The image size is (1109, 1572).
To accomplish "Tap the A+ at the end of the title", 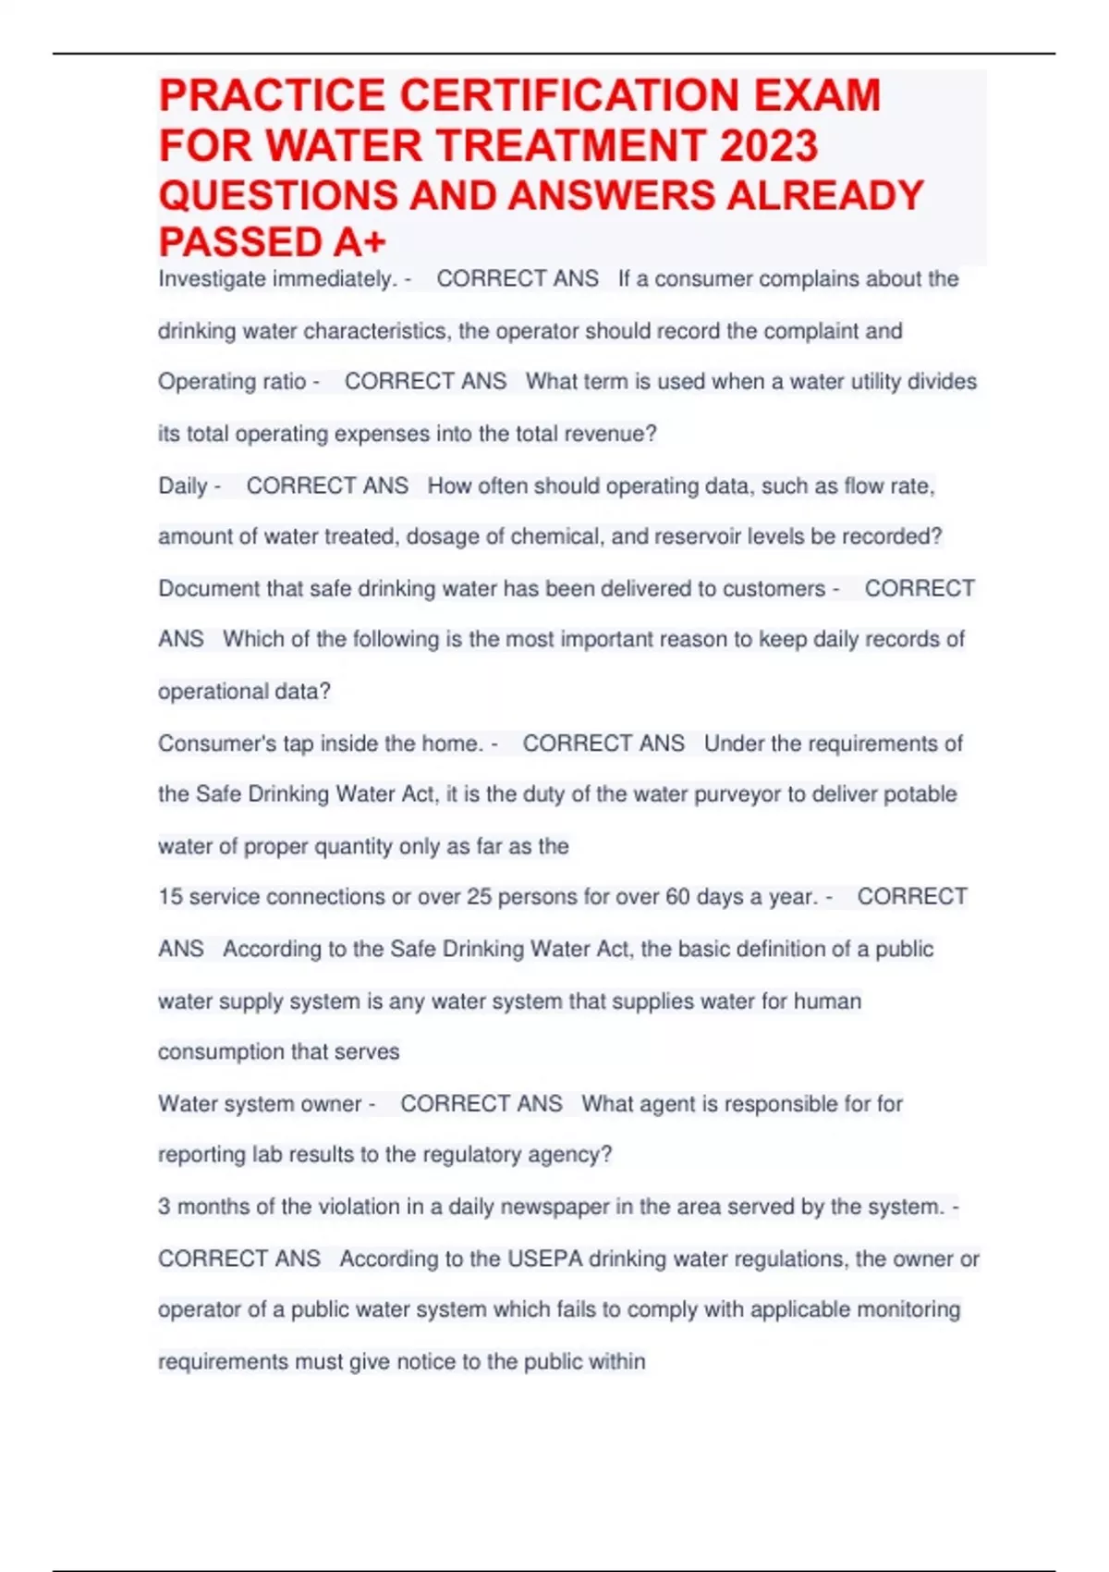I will [360, 242].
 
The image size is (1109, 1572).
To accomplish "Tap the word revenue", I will [611, 434].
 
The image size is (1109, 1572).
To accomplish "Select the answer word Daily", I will [183, 486].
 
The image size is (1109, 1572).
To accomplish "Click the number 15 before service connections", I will [170, 897].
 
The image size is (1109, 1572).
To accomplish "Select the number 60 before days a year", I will [677, 897].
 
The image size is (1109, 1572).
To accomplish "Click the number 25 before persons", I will [479, 897].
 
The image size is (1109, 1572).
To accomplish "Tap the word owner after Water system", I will [331, 1104].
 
